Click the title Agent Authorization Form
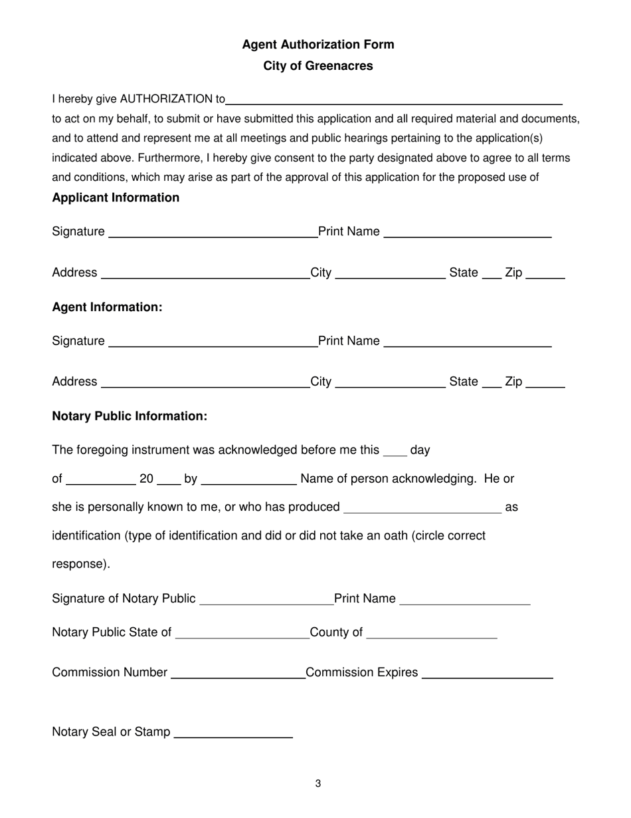point(317,45)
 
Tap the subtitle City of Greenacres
point(317,66)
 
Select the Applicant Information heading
point(116,198)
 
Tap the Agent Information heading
point(107,307)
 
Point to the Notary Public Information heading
point(130,416)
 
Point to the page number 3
point(318,784)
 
